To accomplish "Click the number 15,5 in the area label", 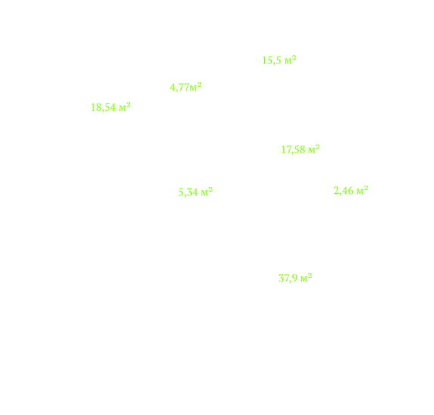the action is (272, 60).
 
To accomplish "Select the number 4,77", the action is (180, 88).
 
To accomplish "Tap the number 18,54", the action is (103, 107).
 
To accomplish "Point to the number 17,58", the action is (293, 149).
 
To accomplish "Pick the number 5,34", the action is (188, 192).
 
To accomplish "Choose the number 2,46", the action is (343, 191).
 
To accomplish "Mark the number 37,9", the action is (288, 278).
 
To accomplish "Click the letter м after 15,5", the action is (288, 62).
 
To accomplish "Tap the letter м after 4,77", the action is (193, 89).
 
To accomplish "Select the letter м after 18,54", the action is (122, 109).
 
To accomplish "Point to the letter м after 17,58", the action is (312, 151).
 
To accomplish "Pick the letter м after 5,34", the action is (205, 193).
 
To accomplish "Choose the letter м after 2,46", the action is (360, 192).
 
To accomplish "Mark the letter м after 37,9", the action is (304, 279).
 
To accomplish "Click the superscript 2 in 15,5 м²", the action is (294, 58).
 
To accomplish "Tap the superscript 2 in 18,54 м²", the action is (128, 105).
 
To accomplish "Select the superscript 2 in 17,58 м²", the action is (318, 147).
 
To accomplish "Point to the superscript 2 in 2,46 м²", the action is (366, 188).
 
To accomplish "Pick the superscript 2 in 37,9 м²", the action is (310, 275).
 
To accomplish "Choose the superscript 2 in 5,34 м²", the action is (211, 189).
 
